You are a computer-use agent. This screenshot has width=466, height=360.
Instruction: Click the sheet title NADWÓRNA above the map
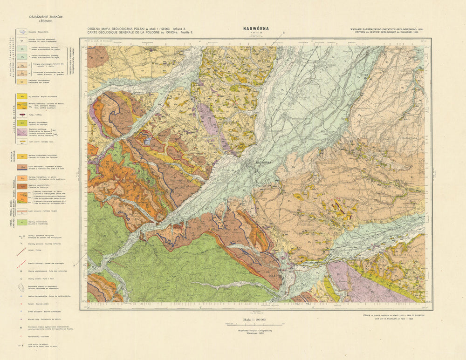pyautogui.click(x=255, y=28)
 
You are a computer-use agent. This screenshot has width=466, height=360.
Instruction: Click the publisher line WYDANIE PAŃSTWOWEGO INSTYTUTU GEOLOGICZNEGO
pyautogui.click(x=386, y=29)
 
